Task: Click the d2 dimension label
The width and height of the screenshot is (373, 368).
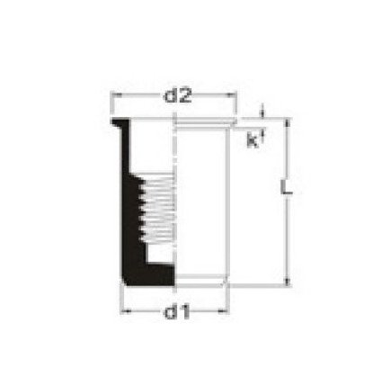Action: pos(177,96)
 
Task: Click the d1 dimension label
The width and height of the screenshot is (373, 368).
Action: pos(177,311)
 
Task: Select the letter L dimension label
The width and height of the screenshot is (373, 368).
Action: pos(286,187)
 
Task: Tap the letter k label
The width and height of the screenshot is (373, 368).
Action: pos(253,140)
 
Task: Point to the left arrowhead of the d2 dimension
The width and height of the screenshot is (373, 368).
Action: pos(116,95)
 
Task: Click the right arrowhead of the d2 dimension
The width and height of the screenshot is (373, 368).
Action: pos(231,95)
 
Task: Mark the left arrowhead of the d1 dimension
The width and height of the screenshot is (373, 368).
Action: pos(126,311)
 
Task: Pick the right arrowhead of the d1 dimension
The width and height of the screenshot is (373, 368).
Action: pos(223,311)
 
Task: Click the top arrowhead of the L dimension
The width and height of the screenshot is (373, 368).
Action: pos(287,123)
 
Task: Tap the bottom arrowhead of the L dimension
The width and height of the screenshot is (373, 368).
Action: pos(287,281)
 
